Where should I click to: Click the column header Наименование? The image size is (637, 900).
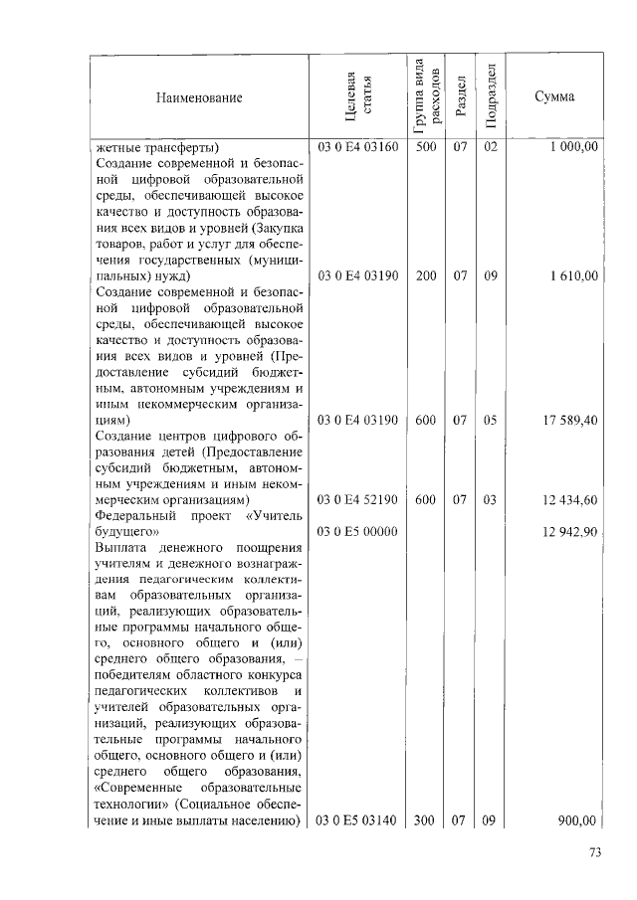[199, 98]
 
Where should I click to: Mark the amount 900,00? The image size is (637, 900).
[576, 820]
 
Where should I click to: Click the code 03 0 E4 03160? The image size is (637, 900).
[358, 147]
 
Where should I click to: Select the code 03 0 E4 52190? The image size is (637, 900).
[358, 499]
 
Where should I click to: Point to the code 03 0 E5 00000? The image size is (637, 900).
[358, 532]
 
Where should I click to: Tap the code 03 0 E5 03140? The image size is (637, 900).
[358, 820]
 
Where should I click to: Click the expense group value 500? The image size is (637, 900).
[426, 147]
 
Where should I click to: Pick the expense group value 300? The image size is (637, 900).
[426, 820]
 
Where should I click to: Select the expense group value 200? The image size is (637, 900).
[426, 275]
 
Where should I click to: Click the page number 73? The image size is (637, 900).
[596, 852]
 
